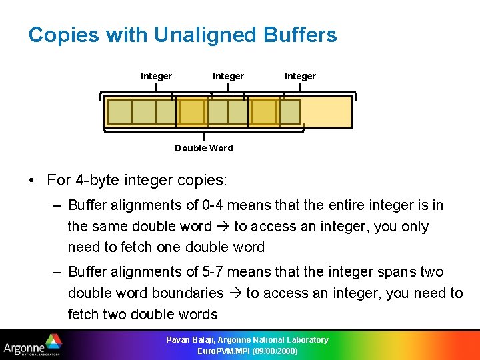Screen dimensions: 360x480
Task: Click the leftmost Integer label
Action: pyautogui.click(x=156, y=76)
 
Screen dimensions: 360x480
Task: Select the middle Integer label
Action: pyautogui.click(x=228, y=76)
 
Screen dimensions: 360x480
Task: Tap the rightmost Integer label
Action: pyautogui.click(x=300, y=76)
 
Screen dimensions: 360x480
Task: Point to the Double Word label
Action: pyautogui.click(x=203, y=148)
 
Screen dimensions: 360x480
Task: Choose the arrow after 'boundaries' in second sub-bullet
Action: pyautogui.click(x=235, y=293)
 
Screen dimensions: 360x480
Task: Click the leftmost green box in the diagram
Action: pyautogui.click(x=119, y=112)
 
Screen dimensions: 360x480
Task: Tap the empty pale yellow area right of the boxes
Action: pyautogui.click(x=326, y=112)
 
